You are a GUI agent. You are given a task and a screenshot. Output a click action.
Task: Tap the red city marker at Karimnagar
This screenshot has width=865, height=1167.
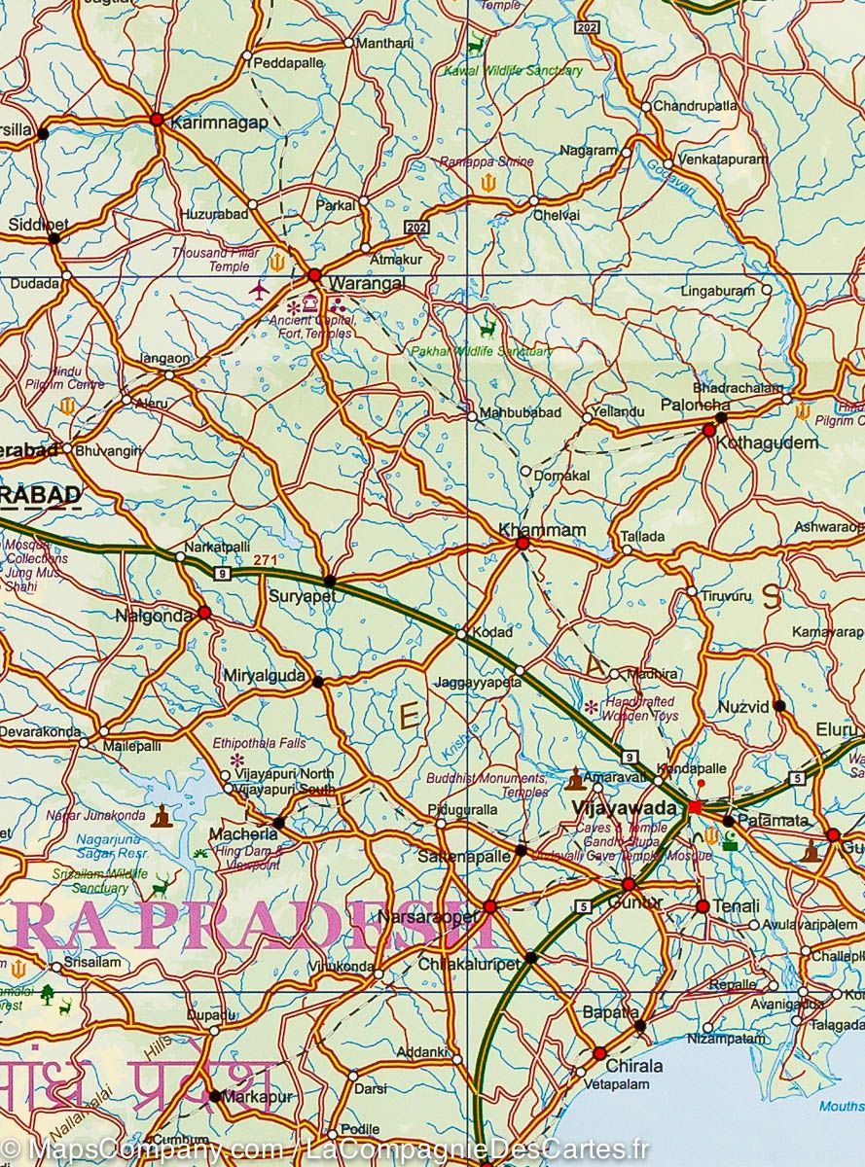[x=157, y=120]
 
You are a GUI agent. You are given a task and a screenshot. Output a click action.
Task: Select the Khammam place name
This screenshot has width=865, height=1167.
[x=542, y=529]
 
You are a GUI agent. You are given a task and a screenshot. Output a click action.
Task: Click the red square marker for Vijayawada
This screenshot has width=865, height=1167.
[x=695, y=807]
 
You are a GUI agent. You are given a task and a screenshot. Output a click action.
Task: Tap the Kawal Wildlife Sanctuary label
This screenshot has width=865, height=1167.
[x=513, y=71]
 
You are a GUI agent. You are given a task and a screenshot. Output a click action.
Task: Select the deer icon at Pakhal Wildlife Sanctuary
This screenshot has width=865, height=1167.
[x=487, y=330]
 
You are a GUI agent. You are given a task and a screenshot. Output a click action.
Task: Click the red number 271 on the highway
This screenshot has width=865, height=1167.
[x=265, y=560]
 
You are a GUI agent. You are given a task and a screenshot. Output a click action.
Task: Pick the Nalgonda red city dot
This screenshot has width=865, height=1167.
[x=204, y=613]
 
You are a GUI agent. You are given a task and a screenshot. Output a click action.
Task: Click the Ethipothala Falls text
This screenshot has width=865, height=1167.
[x=259, y=743]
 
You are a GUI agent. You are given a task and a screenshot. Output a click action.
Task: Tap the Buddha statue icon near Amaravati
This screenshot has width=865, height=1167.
[x=576, y=779]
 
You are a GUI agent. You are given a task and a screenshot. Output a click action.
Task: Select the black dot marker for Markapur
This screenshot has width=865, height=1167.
[x=215, y=1096]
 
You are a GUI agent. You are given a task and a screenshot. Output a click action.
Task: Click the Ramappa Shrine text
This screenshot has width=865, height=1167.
[x=487, y=161]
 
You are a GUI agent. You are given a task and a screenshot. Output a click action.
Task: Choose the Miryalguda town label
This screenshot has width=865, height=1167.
[x=265, y=675]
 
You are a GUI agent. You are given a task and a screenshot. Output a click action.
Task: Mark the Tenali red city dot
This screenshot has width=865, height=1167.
[x=703, y=906]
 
